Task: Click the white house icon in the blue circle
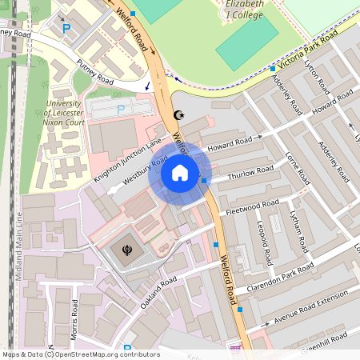point(180,173)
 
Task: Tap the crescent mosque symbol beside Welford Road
point(179,115)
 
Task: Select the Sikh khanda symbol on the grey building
point(127,250)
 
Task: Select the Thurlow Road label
point(250,173)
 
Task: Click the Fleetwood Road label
point(253,206)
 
